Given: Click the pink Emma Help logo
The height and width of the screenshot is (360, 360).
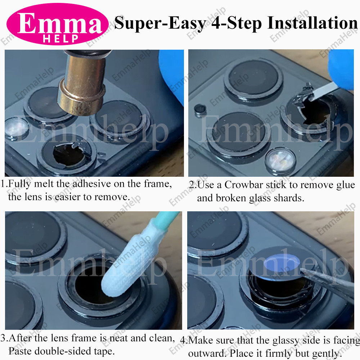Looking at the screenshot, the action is point(57,24).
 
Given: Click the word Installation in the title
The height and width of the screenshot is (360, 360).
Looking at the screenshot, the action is point(312,23).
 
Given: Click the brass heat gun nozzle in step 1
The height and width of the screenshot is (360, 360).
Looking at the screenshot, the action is point(83,85).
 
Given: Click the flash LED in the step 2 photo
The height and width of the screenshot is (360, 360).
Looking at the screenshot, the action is point(280,159).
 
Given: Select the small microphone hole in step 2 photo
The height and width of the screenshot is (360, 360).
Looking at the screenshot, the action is point(200,109).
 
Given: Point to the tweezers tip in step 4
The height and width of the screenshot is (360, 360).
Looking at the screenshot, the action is point(302,271).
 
